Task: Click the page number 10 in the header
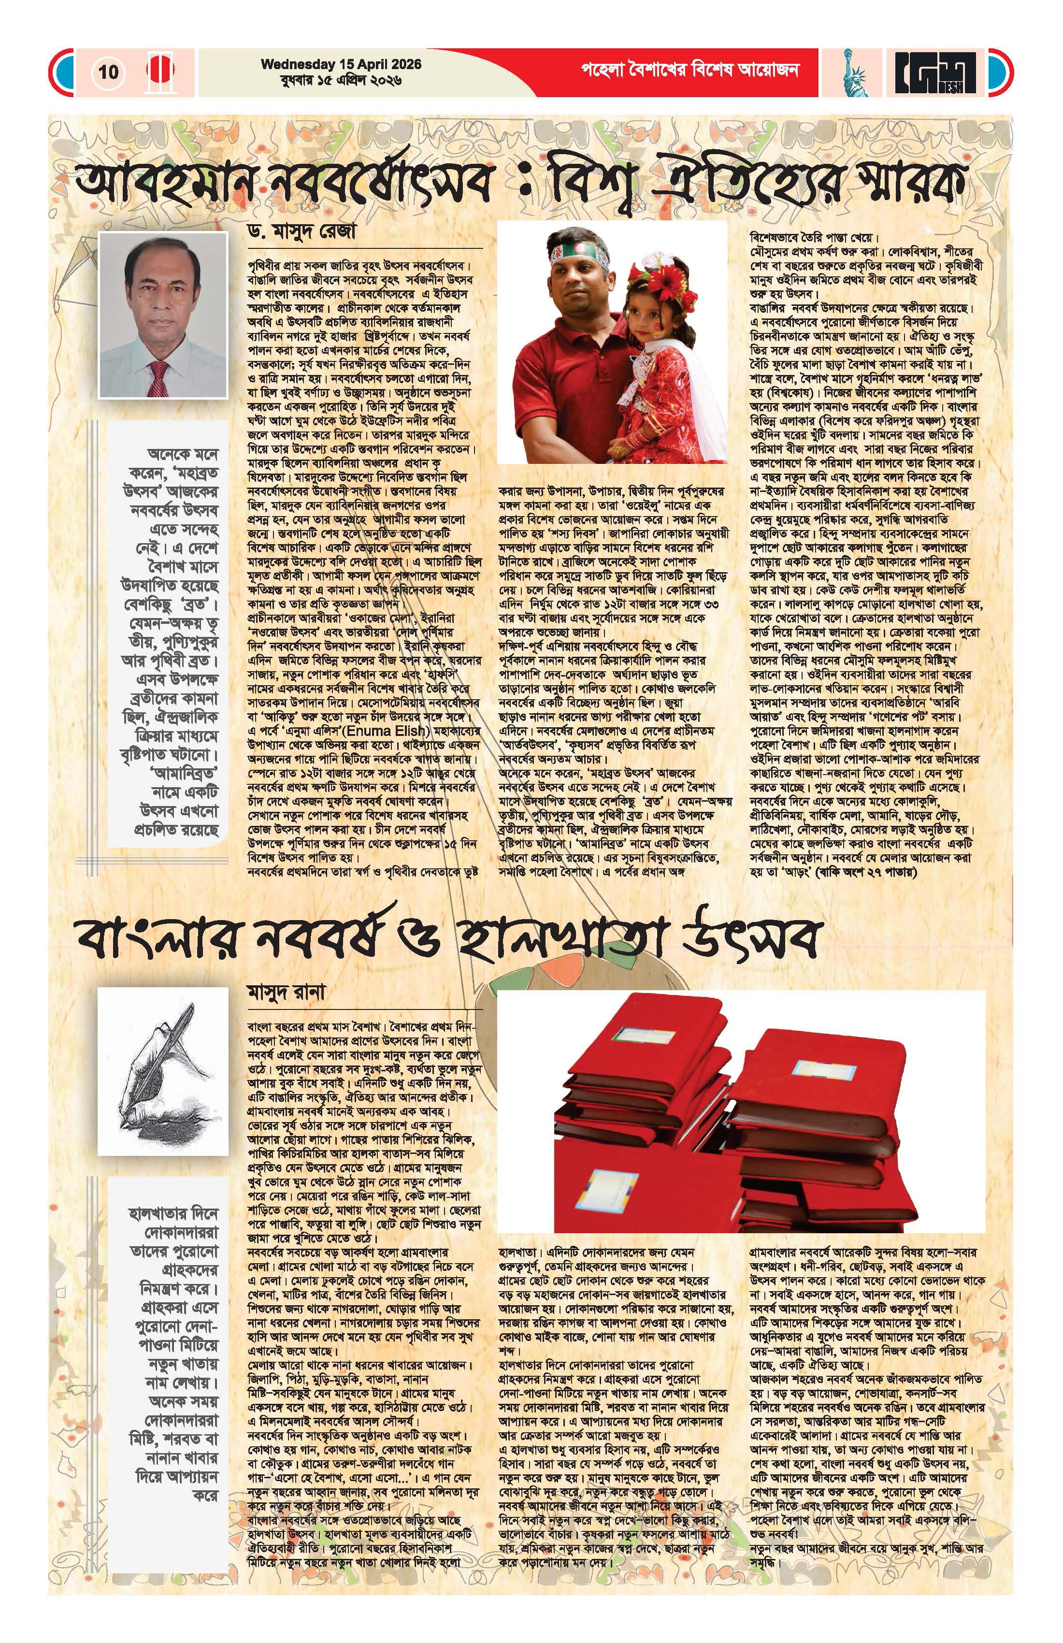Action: coord(108,72)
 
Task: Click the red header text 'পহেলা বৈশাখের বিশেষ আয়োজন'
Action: coord(690,71)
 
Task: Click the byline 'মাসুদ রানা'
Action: coord(286,991)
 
